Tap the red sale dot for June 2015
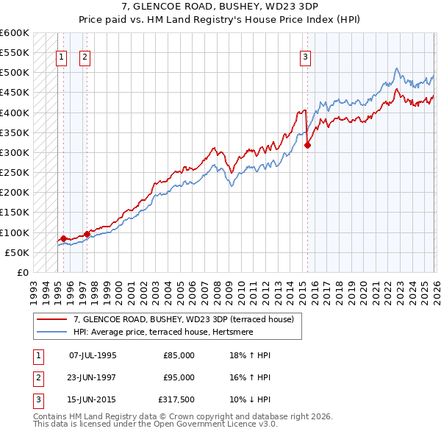click(x=307, y=145)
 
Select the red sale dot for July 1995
click(x=63, y=238)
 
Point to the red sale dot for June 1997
click(x=87, y=234)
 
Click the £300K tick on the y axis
click(x=15, y=152)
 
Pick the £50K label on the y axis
click(x=18, y=252)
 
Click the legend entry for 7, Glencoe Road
click(x=183, y=319)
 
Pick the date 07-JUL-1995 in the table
click(x=93, y=355)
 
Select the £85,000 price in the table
click(x=179, y=355)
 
